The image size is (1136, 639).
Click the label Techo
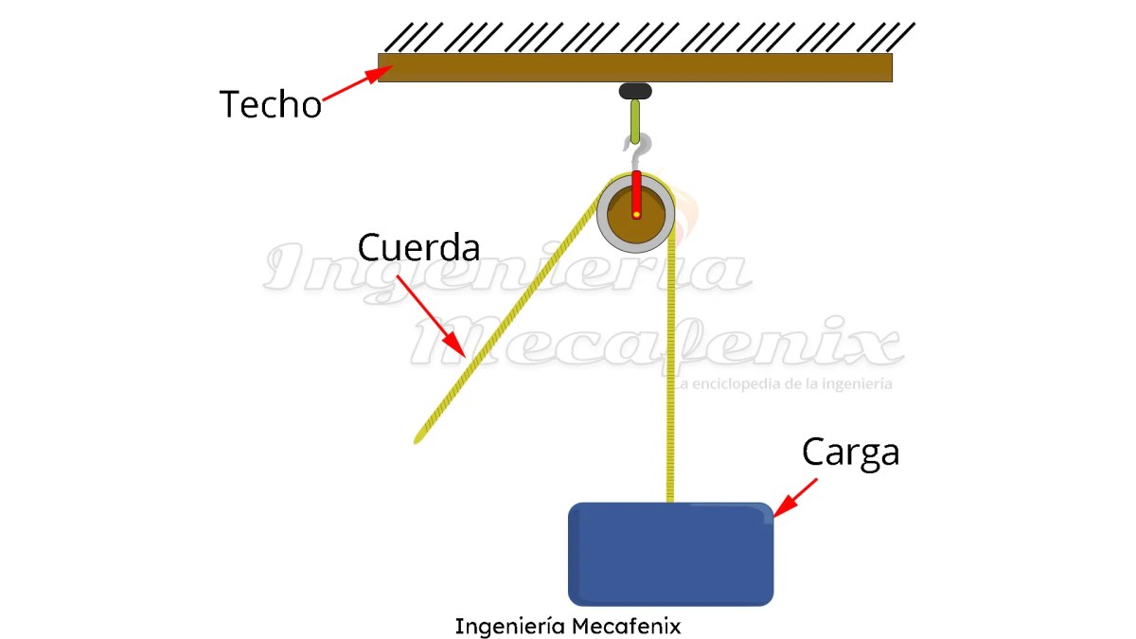(271, 103)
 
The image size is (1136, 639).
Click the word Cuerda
(418, 247)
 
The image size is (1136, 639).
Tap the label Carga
(850, 453)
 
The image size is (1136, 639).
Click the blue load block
(670, 554)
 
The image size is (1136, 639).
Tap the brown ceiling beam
(634, 67)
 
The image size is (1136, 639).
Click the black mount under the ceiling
(635, 92)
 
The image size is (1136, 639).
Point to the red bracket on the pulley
(637, 189)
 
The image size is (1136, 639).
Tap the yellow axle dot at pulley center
(637, 215)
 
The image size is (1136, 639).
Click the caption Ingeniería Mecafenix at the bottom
(567, 626)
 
